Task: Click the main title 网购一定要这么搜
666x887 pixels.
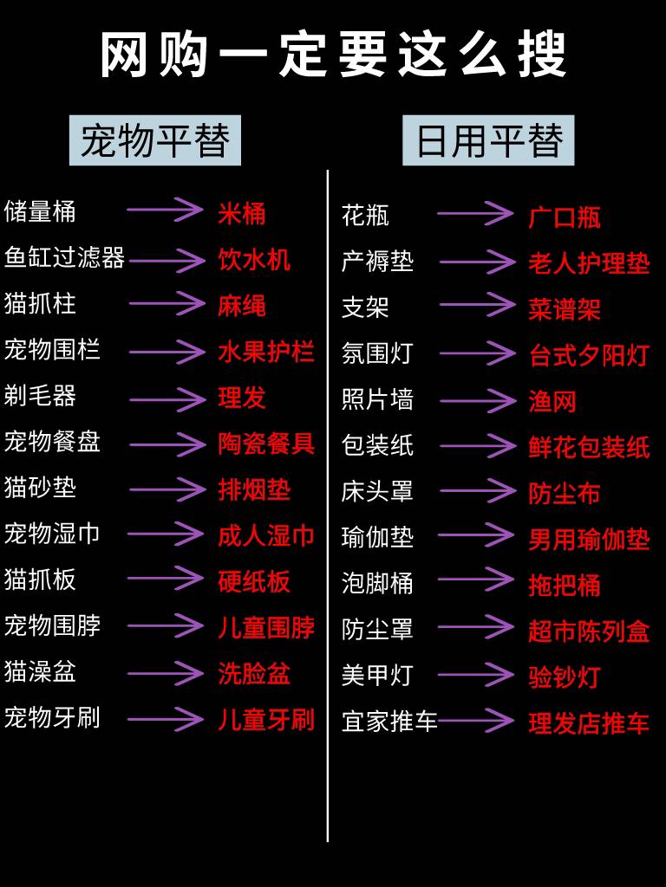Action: (333, 54)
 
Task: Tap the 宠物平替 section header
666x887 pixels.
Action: (155, 140)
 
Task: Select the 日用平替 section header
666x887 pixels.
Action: (488, 140)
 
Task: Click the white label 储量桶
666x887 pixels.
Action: (40, 211)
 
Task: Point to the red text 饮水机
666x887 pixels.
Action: (254, 259)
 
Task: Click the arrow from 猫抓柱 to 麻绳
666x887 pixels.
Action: (166, 304)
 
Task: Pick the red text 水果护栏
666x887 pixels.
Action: (265, 352)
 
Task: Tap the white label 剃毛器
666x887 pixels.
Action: (40, 396)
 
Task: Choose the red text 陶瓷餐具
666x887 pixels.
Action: (265, 443)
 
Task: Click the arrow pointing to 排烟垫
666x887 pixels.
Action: (167, 489)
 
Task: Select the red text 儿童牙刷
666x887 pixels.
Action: (265, 719)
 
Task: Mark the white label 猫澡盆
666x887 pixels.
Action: (40, 671)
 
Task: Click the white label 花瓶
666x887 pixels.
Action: (365, 215)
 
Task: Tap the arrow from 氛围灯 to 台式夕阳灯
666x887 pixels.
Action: (477, 353)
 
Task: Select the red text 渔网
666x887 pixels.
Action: (552, 401)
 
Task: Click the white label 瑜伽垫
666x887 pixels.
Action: (377, 537)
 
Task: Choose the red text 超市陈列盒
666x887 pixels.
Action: (589, 631)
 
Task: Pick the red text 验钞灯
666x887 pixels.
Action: (565, 677)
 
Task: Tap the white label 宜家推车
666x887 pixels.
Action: (389, 722)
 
